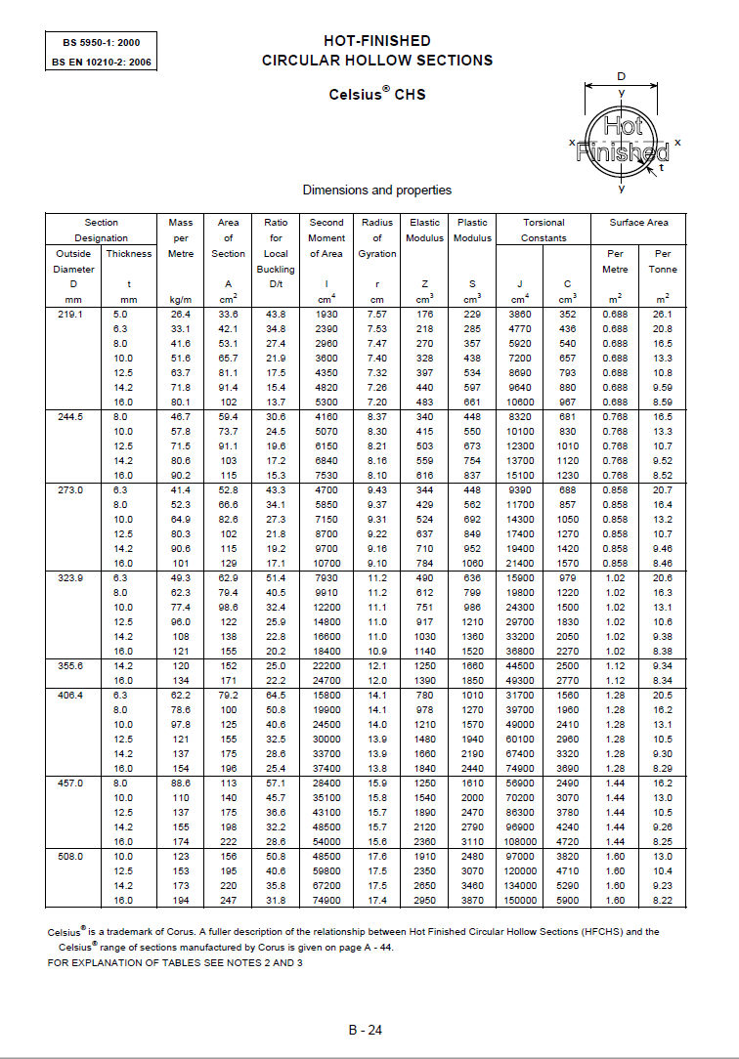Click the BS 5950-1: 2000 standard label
pyautogui.click(x=101, y=43)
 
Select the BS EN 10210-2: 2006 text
pyautogui.click(x=101, y=62)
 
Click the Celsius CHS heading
pyautogui.click(x=376, y=95)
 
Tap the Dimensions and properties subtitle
pyautogui.click(x=376, y=190)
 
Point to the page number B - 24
pyautogui.click(x=366, y=1029)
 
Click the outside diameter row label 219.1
pyautogui.click(x=73, y=315)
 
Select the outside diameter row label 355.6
pyautogui.click(x=73, y=666)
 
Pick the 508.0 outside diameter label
pyautogui.click(x=73, y=856)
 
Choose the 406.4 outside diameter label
pyautogui.click(x=73, y=696)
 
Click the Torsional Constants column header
pyautogui.click(x=543, y=230)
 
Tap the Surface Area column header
pyautogui.click(x=638, y=222)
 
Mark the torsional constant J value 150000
pyautogui.click(x=519, y=900)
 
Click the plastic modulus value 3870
pyautogui.click(x=472, y=900)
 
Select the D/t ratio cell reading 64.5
pyautogui.click(x=276, y=696)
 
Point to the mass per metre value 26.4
pyautogui.click(x=180, y=315)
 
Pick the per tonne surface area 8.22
pyautogui.click(x=662, y=900)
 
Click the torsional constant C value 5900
pyautogui.click(x=567, y=900)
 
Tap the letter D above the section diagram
pyautogui.click(x=621, y=76)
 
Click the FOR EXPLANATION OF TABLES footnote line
pyautogui.click(x=175, y=963)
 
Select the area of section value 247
pyautogui.click(x=228, y=900)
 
